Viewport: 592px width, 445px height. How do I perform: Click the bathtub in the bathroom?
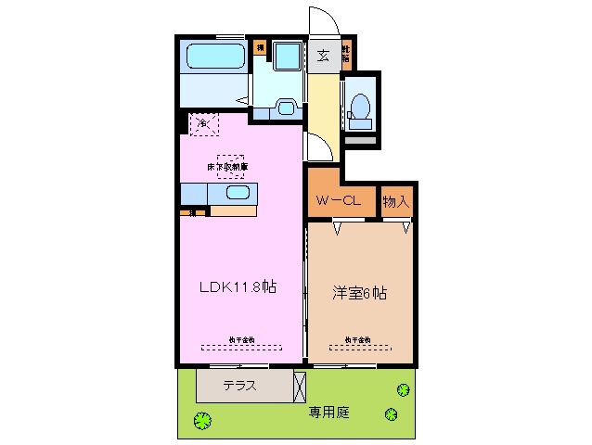[213, 58]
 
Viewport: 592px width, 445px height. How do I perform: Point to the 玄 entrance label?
[324, 56]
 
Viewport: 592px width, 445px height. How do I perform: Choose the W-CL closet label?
[339, 200]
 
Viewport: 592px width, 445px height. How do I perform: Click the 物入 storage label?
[397, 200]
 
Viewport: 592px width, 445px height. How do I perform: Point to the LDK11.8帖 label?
[238, 287]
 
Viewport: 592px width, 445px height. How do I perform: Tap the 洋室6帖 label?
[360, 293]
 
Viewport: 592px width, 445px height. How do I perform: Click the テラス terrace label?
[239, 386]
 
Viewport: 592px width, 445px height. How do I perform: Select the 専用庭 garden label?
[329, 412]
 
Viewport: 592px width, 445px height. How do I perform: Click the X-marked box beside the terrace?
[299, 385]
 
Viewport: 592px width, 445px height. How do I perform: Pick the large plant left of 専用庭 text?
[201, 421]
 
